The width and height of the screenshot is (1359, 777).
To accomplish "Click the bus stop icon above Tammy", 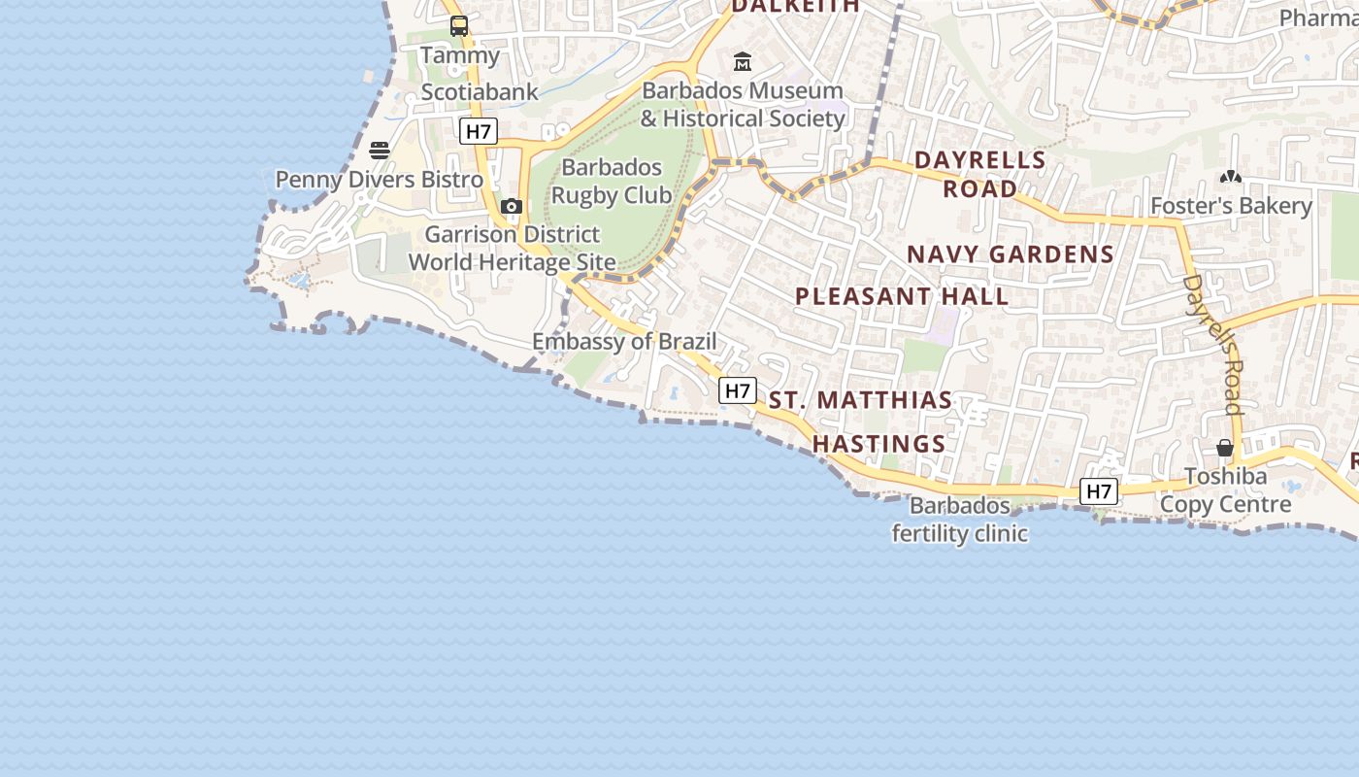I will point(459,26).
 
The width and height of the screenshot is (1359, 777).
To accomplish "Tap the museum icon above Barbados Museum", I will point(743,62).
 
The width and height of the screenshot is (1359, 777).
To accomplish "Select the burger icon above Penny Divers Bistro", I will point(380,151).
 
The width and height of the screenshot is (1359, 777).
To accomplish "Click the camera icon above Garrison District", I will point(512,206).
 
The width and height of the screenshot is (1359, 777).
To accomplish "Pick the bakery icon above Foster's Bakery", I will point(1231,178).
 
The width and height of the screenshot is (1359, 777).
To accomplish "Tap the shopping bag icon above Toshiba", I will point(1225,448).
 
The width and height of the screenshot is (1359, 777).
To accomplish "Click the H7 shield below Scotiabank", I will point(479,131).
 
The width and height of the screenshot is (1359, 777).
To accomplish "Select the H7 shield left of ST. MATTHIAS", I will point(738,390).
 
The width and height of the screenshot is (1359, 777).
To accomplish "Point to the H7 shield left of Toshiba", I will point(1099,491).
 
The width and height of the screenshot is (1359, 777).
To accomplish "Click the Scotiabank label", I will point(480,92).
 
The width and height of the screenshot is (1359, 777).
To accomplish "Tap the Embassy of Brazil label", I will point(624,342).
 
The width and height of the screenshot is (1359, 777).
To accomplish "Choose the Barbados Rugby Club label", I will point(612,182).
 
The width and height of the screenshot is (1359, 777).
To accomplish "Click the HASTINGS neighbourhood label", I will point(878,444).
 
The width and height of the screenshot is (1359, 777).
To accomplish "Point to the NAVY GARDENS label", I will point(1011,254).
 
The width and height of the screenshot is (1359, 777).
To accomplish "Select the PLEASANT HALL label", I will point(903,296).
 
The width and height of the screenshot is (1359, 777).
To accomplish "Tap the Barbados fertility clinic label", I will point(960,521).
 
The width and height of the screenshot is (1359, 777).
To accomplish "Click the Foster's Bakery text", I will point(1231,206).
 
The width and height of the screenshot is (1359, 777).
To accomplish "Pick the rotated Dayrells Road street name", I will point(1214,344).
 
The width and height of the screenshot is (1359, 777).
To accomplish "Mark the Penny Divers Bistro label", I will point(380,180).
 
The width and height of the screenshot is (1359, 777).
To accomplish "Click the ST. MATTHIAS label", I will point(861,400).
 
